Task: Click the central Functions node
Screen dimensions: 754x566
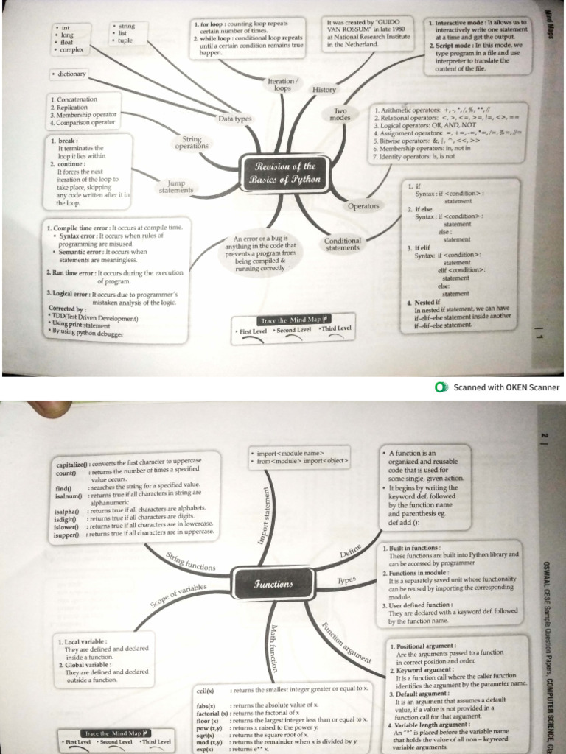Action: [x=273, y=584]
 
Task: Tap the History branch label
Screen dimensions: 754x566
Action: [x=324, y=90]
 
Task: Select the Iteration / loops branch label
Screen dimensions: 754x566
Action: [x=283, y=85]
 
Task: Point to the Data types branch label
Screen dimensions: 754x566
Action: [x=234, y=119]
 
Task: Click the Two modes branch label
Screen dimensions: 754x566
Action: [x=340, y=114]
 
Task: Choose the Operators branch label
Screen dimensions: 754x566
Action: [x=363, y=206]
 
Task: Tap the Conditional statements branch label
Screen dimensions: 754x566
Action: [x=343, y=244]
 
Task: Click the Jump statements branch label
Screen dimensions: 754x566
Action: [x=176, y=187]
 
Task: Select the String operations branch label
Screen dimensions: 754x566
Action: [x=192, y=143]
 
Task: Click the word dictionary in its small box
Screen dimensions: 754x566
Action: [x=72, y=74]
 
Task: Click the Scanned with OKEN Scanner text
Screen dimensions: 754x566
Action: [x=506, y=387]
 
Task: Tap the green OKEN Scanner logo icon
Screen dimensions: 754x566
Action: [x=441, y=387]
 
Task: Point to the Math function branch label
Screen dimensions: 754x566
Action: [x=273, y=648]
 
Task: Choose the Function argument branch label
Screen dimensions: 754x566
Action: [x=346, y=645]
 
